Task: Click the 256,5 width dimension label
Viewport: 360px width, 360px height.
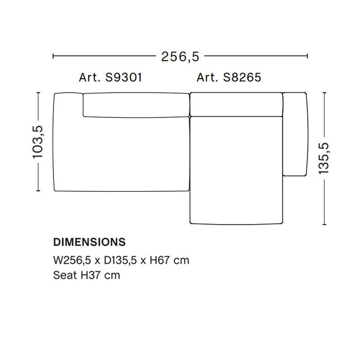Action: (180, 56)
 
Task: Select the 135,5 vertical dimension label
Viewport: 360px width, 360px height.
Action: (324, 158)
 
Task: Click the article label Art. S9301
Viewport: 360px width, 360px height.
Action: (110, 78)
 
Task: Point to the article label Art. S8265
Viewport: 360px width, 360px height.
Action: (229, 78)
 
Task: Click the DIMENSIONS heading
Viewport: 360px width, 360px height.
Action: (89, 242)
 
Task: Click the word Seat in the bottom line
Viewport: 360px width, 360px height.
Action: (64, 275)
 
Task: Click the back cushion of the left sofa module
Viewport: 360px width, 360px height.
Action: (135, 105)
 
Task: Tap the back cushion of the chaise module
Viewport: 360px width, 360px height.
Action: (237, 104)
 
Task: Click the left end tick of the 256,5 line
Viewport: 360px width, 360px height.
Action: (53, 56)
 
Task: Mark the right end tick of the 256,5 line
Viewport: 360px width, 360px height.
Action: (307, 56)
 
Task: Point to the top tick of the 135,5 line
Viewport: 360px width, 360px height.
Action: (324, 93)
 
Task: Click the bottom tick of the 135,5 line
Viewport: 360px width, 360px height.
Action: (324, 224)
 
